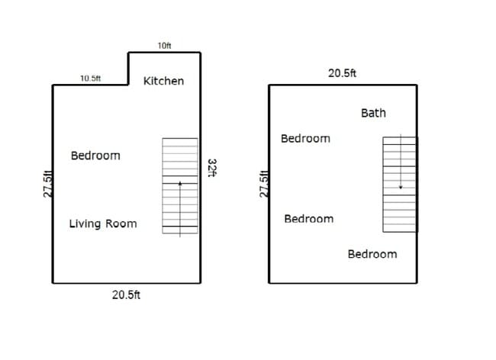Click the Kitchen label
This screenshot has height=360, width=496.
(x=163, y=81)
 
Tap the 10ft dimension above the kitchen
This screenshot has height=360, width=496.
(x=164, y=46)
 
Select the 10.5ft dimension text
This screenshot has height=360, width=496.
(x=91, y=78)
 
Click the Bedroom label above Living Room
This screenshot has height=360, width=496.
(x=95, y=156)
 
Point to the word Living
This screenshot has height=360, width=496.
(x=85, y=223)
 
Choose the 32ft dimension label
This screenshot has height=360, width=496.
(x=213, y=168)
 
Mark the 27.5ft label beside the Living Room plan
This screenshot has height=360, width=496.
(x=47, y=184)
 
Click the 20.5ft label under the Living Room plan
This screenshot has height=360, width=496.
(x=126, y=295)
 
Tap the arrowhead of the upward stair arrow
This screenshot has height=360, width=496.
(x=180, y=183)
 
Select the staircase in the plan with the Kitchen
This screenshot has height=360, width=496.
(x=180, y=185)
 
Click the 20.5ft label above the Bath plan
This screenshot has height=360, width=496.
(x=342, y=73)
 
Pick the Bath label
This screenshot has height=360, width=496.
(x=373, y=113)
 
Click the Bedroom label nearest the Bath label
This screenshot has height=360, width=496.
(x=305, y=138)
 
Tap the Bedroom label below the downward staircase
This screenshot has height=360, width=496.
(x=372, y=254)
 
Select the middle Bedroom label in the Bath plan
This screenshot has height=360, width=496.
(x=308, y=219)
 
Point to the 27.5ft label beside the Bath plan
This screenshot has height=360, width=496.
(x=264, y=184)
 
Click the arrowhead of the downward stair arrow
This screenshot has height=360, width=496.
(x=400, y=188)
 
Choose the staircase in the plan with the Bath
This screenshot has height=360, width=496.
(x=400, y=183)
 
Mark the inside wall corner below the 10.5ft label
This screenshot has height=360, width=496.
(x=127, y=85)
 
